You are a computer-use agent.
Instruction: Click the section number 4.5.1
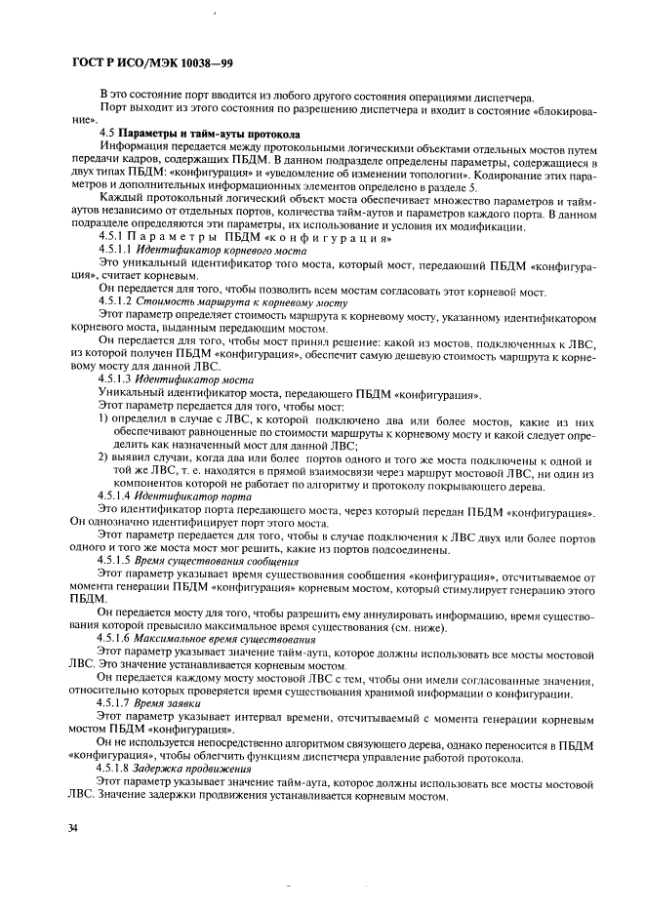pyautogui.click(x=113, y=238)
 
